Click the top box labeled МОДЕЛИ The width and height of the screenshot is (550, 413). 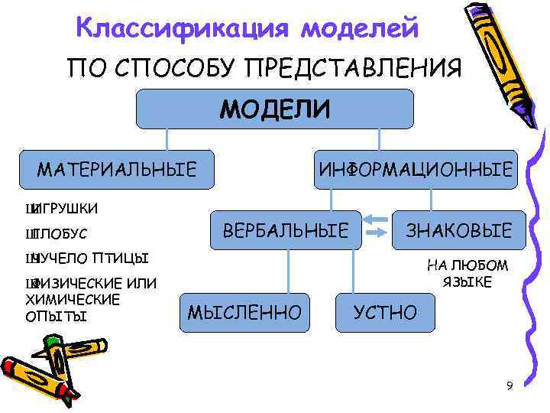(275, 109)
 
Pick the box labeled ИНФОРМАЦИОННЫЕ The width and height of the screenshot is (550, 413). (416, 169)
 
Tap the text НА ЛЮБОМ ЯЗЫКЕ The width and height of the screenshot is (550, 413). (467, 274)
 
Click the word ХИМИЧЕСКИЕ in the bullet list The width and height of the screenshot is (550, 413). (73, 299)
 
